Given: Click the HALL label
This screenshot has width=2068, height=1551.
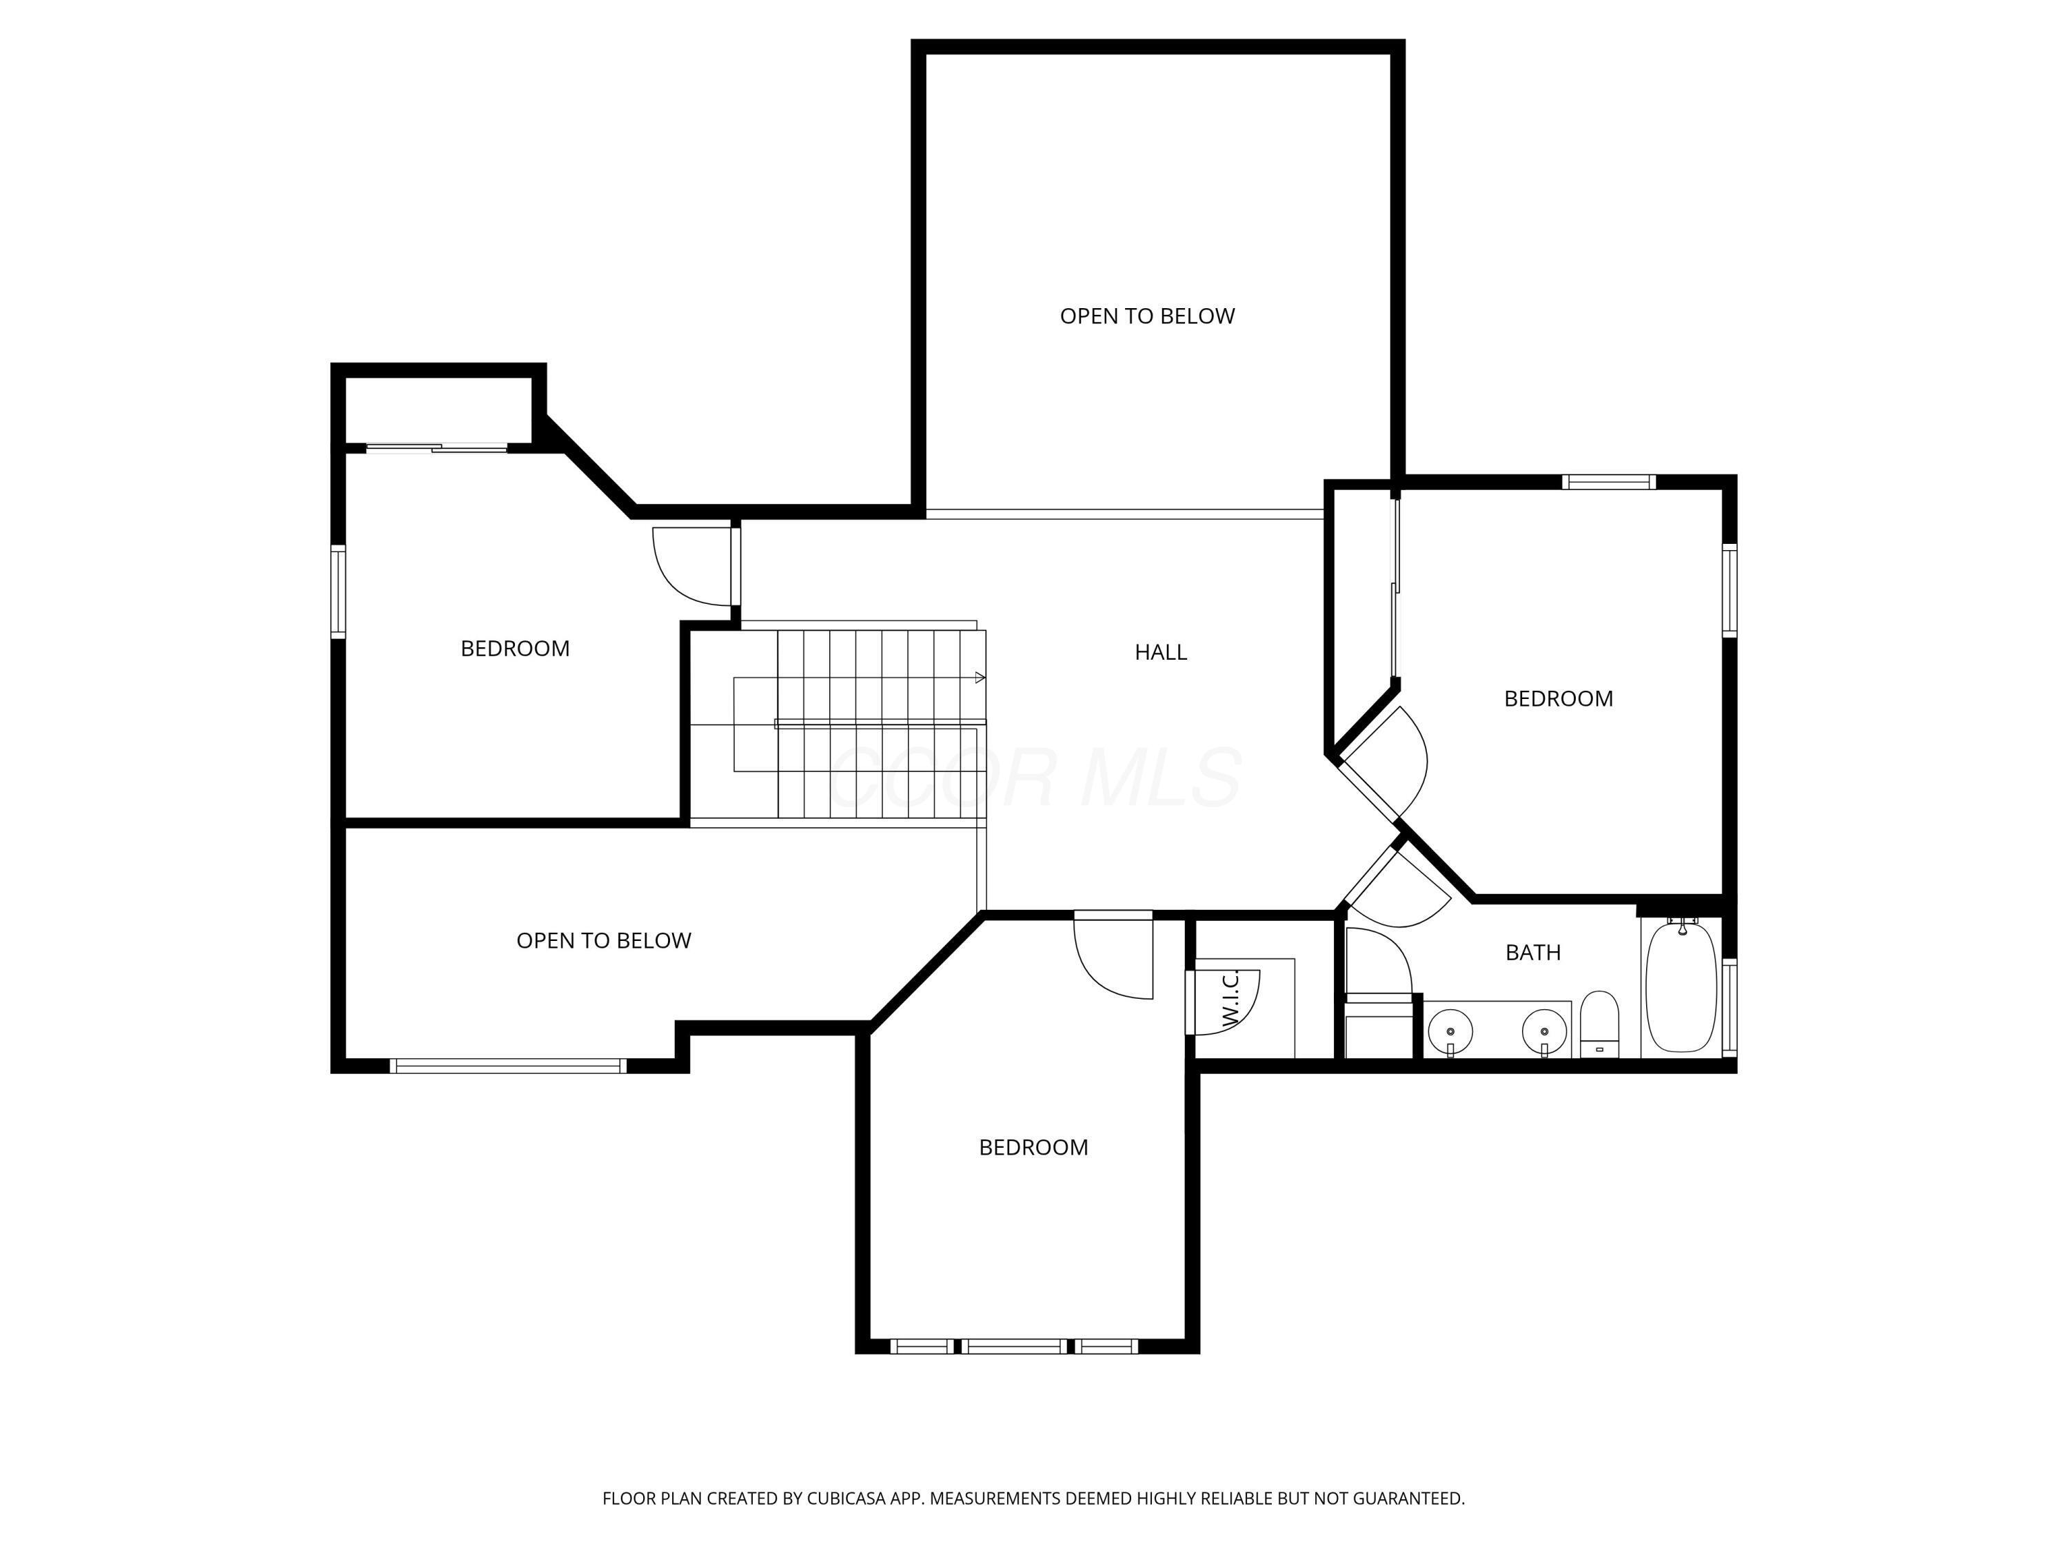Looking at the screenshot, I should tap(1160, 653).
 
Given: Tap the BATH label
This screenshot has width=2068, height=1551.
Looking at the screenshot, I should tap(1532, 953).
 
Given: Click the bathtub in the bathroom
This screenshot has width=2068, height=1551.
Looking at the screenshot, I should tap(1681, 987).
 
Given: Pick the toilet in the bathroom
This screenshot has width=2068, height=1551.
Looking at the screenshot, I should tap(1599, 1024).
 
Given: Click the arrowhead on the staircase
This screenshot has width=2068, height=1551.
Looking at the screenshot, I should tap(980, 678).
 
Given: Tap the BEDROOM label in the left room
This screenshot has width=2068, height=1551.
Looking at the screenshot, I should tap(515, 649).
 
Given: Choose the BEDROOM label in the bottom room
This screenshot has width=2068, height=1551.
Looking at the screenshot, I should tap(1033, 1147).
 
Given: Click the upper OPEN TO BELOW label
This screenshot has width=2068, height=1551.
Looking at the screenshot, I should tap(1147, 316).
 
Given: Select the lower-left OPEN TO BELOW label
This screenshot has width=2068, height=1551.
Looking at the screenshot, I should tap(603, 940).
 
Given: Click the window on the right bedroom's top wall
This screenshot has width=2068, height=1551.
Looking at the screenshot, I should tap(1608, 483).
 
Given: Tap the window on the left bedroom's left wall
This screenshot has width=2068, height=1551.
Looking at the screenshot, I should tap(338, 591).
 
